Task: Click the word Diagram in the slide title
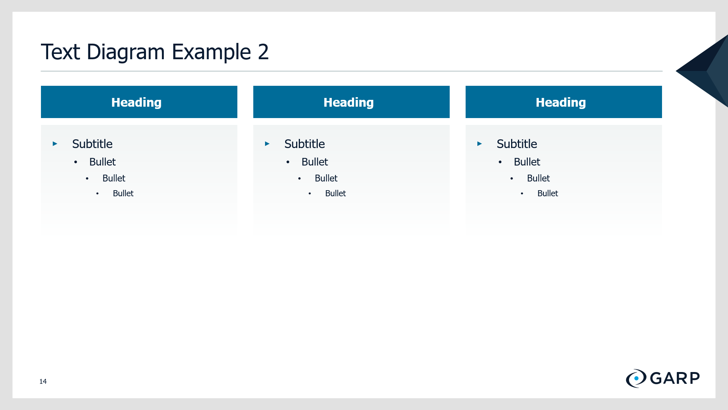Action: pos(126,52)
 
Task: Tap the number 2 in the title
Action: pos(264,52)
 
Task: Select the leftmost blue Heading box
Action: pos(139,102)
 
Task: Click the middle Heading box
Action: pos(351,102)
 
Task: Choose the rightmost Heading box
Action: pos(564,102)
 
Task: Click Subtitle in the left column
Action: pos(92,144)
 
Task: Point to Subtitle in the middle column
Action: pos(304,144)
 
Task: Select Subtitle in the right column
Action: pos(517,144)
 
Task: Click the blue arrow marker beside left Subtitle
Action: pos(55,143)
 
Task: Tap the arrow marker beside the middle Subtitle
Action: pos(267,143)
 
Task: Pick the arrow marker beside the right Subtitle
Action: pos(480,143)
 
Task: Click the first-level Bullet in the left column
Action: pos(102,162)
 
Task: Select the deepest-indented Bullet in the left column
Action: pos(123,193)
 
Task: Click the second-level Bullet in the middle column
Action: pos(326,178)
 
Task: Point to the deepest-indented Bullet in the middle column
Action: pos(336,193)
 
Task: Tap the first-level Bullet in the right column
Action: pos(527,162)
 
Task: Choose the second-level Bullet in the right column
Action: pos(538,178)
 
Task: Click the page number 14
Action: pos(43,381)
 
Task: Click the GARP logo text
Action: pos(675,378)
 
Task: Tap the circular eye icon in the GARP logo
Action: pos(636,378)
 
